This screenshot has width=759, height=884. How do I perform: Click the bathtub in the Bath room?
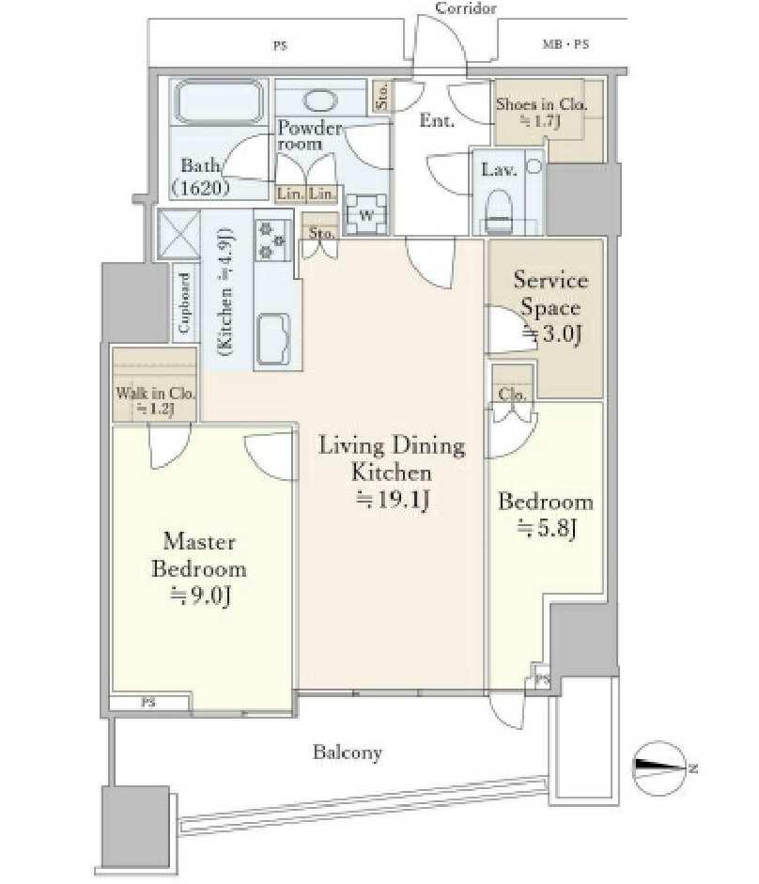(219, 102)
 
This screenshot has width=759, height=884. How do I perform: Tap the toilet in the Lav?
(499, 210)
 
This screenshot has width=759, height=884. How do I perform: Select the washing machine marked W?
(366, 214)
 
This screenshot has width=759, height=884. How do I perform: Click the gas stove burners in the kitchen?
(272, 240)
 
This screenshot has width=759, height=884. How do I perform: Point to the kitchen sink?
(273, 339)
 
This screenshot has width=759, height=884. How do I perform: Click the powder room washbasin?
(320, 101)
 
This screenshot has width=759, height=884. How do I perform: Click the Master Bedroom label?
(199, 569)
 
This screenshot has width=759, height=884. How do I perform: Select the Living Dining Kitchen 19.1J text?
(392, 472)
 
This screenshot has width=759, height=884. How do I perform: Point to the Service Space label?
(550, 307)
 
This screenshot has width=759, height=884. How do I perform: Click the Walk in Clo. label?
(155, 400)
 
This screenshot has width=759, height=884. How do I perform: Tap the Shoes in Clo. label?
(541, 112)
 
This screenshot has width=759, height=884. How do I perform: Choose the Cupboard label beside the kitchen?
(184, 302)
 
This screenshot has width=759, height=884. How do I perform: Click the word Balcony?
(348, 752)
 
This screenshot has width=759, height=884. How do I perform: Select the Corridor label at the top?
(466, 8)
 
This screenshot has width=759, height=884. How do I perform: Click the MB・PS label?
(565, 44)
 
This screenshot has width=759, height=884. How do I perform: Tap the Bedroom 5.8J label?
(546, 515)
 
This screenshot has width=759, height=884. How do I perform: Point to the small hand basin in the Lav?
(534, 166)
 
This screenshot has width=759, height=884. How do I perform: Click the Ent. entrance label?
(437, 120)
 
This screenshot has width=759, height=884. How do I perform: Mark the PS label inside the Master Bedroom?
(148, 703)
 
